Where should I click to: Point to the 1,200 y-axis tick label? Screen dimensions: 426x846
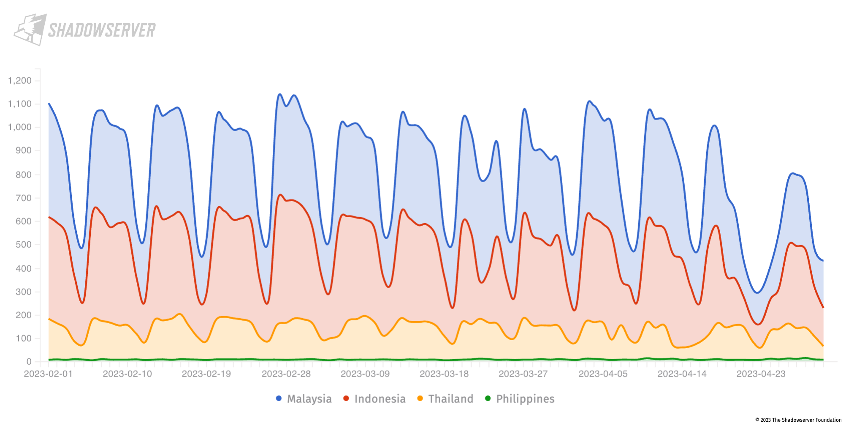(20, 80)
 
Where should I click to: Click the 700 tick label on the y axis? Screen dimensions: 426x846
(24, 198)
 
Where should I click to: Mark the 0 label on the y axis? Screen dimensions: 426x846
(29, 362)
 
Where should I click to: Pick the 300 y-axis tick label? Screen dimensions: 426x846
(24, 292)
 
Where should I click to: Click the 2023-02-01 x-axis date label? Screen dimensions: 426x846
(48, 374)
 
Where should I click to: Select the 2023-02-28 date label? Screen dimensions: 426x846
(286, 374)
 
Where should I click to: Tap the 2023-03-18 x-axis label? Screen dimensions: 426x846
(444, 374)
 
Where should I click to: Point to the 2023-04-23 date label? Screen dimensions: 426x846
(761, 374)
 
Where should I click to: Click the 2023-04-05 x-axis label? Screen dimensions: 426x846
(603, 374)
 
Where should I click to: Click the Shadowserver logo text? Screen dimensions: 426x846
(102, 30)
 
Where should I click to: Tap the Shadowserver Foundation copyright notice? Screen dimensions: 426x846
(798, 420)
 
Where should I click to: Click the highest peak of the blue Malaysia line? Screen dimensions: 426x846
(279, 94)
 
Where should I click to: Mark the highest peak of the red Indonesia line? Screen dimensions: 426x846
(280, 195)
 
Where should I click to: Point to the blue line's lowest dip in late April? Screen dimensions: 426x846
(757, 293)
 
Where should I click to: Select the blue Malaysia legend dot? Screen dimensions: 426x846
(279, 399)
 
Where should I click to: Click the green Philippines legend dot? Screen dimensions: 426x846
(488, 399)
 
